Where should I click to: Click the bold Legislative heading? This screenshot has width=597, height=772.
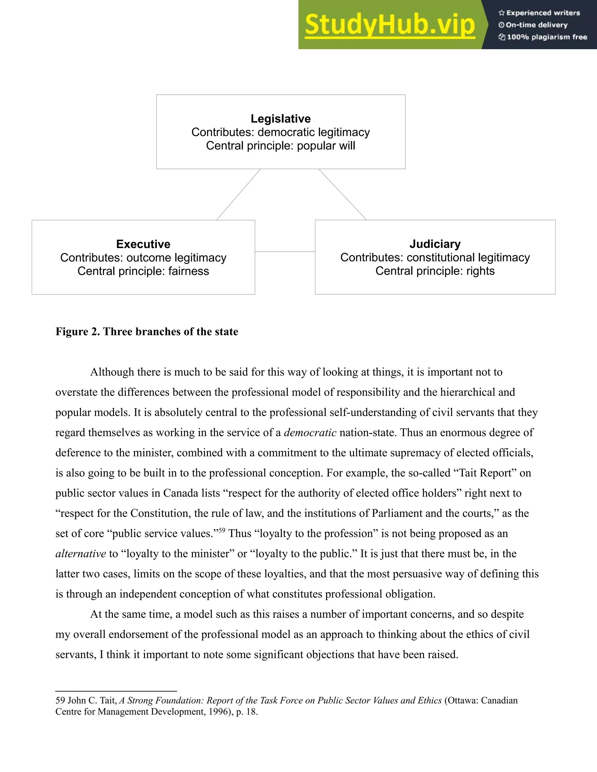coord(280,119)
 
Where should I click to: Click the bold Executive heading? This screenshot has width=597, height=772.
coord(143,244)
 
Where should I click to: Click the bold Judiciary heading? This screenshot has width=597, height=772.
coord(435,244)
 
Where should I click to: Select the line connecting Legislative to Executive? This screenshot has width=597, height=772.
coord(238,194)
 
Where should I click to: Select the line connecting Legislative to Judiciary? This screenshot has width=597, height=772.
coord(342,194)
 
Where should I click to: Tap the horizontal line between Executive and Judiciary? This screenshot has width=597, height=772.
coord(285,252)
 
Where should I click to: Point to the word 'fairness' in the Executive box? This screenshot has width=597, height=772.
coord(189,271)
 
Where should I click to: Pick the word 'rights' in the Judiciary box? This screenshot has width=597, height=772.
coord(480,271)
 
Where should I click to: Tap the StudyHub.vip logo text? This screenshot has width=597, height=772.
coord(390,25)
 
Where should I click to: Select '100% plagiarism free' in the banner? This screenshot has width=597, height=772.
coord(547,37)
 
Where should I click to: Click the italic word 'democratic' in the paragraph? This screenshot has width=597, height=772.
coord(310,433)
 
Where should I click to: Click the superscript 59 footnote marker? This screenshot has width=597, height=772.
coord(222,530)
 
